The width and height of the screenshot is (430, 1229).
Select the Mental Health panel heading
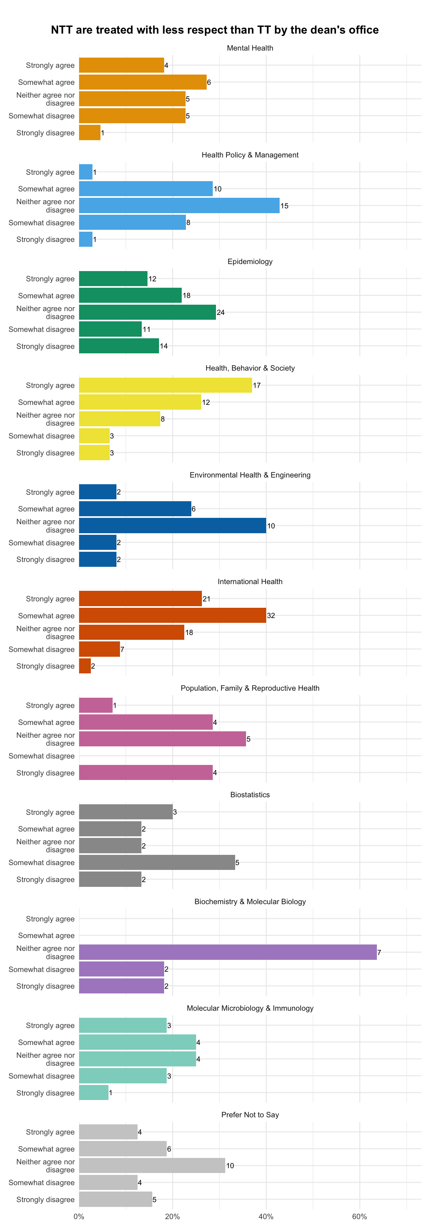[250, 48]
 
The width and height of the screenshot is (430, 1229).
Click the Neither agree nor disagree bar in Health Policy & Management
[179, 205]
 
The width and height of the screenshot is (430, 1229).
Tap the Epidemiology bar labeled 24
[147, 312]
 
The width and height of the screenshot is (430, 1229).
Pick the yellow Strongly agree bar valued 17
[165, 385]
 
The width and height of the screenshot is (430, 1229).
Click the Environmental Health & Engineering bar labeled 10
[172, 526]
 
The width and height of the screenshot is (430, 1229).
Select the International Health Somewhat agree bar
[172, 615]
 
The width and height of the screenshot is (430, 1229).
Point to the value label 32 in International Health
[271, 615]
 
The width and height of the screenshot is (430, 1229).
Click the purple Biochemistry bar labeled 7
[228, 952]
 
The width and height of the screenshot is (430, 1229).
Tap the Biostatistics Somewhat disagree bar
[157, 863]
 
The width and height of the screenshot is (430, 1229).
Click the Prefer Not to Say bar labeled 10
[152, 1166]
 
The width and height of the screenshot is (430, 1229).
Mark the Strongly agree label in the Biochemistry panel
[50, 919]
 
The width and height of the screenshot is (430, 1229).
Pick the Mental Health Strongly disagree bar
[90, 133]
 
